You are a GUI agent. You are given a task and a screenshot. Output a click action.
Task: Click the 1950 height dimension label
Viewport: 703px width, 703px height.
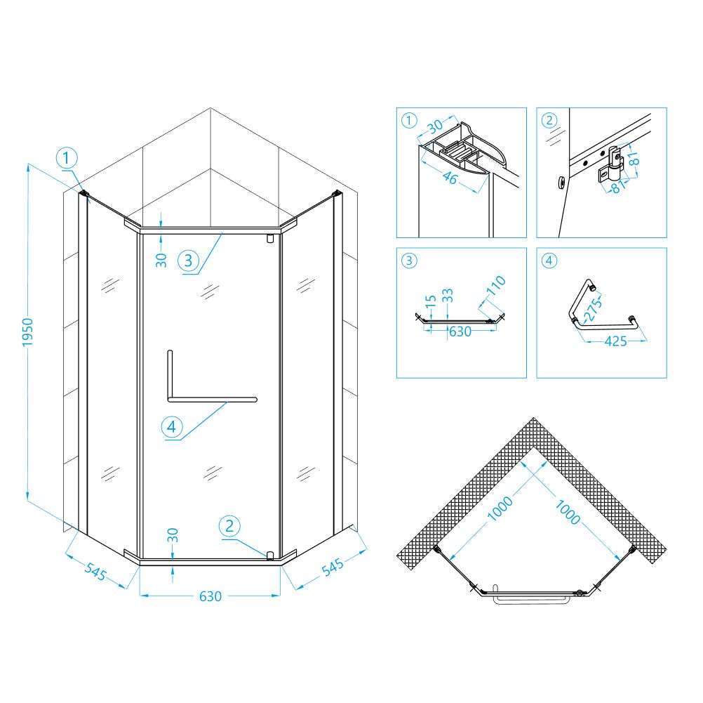coord(28,332)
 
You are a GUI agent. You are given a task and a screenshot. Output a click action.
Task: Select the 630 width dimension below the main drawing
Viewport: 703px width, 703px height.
coord(210,597)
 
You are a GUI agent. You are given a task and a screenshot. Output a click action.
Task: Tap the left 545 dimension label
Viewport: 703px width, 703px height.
coord(95,571)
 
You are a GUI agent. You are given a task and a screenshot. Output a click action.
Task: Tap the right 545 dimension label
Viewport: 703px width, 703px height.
coord(333,567)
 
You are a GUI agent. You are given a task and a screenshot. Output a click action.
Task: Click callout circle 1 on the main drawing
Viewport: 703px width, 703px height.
coord(67,158)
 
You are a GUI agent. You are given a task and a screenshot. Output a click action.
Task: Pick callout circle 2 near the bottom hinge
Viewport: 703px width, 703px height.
coord(229,526)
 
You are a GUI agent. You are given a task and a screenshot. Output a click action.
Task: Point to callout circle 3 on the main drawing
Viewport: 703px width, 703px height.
coord(188,261)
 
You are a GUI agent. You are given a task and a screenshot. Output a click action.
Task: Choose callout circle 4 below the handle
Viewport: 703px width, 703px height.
coord(172,426)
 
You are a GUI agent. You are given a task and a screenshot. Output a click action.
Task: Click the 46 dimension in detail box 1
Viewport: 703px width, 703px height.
coord(450,178)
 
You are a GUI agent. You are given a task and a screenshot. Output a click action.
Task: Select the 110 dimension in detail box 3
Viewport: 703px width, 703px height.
coord(496,286)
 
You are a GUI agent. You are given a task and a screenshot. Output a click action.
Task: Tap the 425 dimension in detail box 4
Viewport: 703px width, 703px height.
coord(615,341)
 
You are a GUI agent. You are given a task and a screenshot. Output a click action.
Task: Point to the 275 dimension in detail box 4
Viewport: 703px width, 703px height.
coord(594,309)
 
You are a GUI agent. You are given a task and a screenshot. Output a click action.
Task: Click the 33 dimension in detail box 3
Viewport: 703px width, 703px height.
coord(448,296)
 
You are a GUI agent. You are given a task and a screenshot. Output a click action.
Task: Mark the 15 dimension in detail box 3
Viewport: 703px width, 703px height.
coord(430,301)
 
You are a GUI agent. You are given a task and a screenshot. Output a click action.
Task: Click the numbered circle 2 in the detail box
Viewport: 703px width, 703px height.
coord(549,120)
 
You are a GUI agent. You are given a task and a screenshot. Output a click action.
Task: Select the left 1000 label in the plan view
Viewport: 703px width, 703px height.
coord(500,508)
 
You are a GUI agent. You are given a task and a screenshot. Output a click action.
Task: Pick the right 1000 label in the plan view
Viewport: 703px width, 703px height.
coord(568,512)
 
